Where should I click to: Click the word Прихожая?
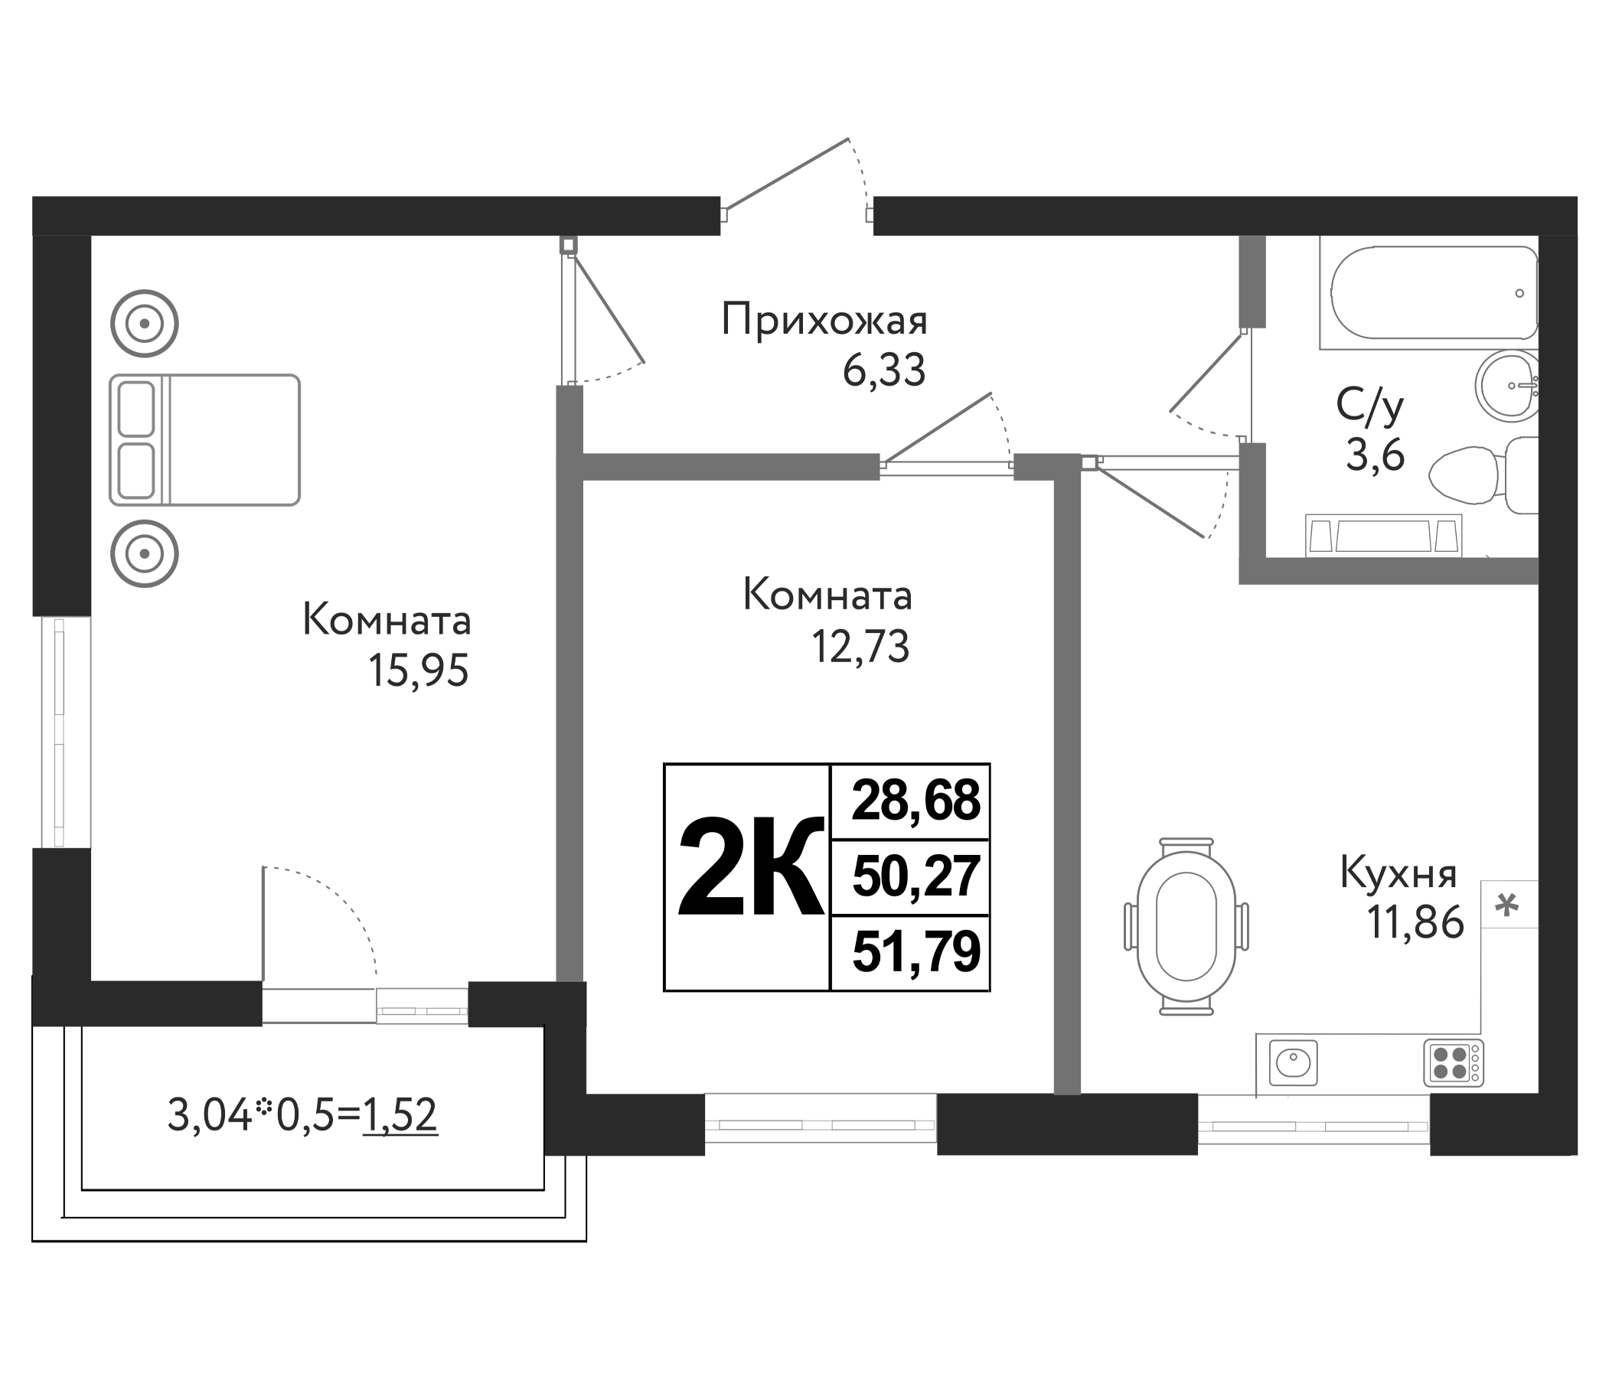click(824, 321)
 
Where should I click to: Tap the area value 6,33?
click(883, 370)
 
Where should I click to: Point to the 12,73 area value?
click(860, 646)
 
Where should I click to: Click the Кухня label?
click(1398, 873)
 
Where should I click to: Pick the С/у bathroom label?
click(1370, 406)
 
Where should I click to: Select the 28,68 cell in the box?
click(915, 801)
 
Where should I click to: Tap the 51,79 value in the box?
click(915, 952)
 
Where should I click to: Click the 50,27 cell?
click(915, 876)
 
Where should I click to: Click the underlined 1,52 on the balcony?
click(400, 1115)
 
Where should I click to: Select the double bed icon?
click(204, 439)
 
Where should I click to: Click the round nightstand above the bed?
click(145, 323)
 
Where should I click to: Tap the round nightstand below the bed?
click(145, 553)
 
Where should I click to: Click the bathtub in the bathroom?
click(1433, 292)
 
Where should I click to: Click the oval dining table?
click(1185, 926)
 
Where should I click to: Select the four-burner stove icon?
click(1453, 1062)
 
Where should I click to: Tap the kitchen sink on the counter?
click(1293, 1062)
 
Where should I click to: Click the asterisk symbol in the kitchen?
click(1506, 905)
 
